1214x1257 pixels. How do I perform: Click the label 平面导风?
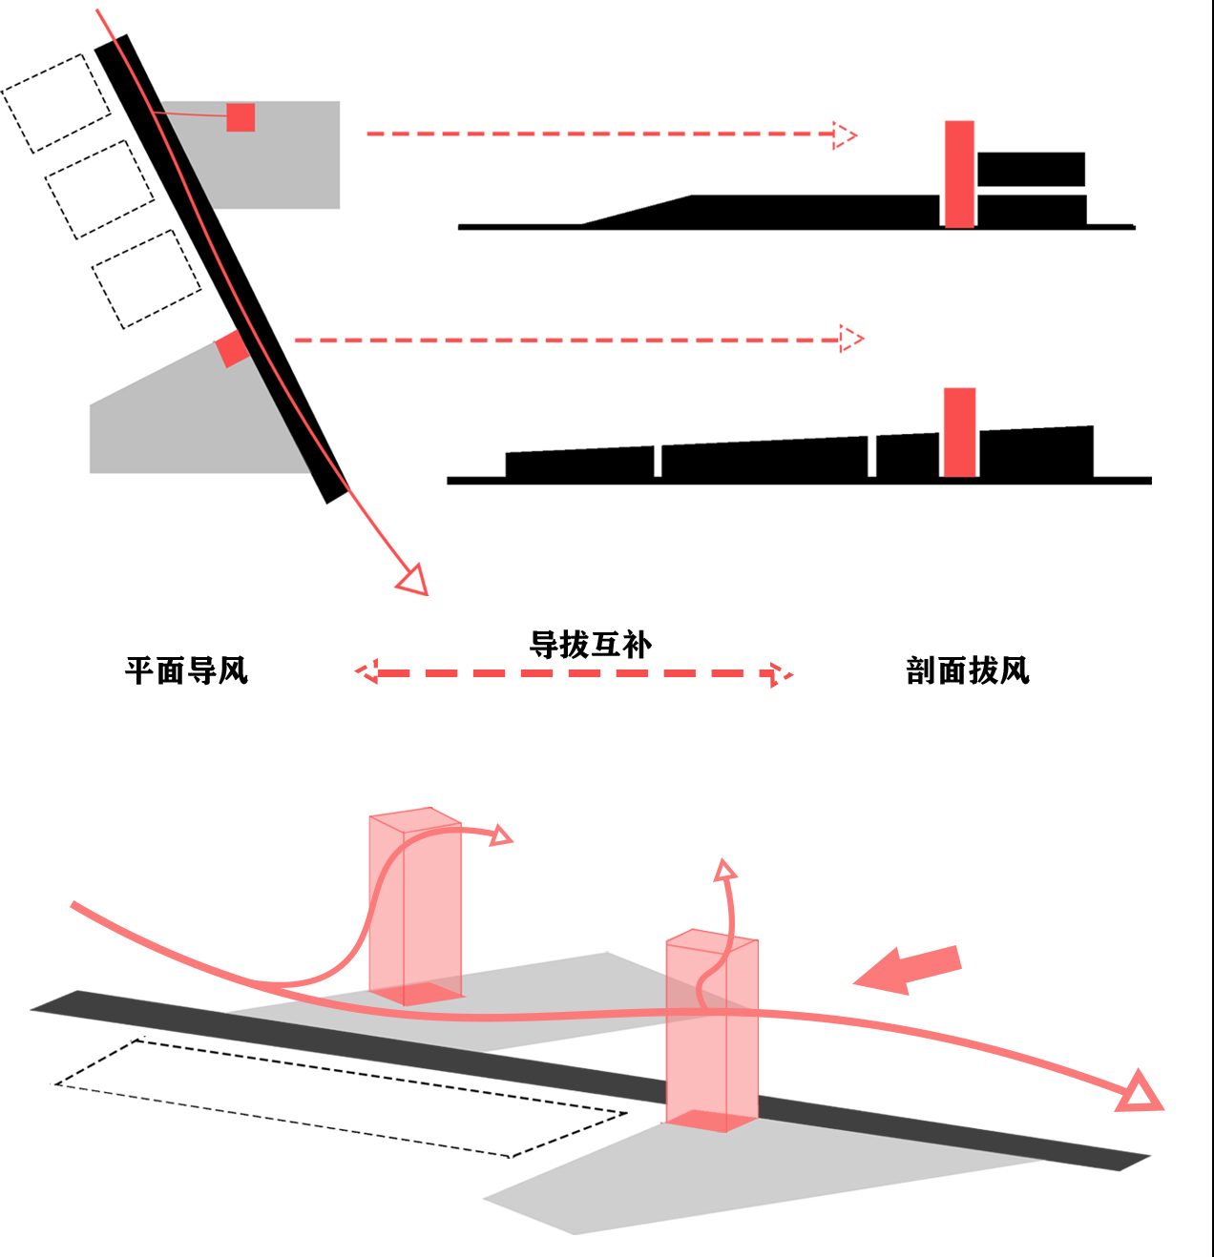[186, 670]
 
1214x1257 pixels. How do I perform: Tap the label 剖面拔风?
[968, 670]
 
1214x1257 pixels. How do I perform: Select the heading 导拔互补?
[591, 645]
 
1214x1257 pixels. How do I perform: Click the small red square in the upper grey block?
[241, 117]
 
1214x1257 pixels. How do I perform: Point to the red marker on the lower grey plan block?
[231, 349]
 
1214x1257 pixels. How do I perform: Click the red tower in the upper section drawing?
[959, 174]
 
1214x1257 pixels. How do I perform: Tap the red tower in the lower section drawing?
[959, 432]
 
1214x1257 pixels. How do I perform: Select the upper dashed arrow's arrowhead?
[845, 135]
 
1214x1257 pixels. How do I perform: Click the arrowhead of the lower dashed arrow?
[850, 339]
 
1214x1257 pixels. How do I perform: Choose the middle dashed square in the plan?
[99, 189]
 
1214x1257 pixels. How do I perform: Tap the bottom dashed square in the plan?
[147, 278]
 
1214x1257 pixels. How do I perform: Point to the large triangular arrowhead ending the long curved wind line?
[1140, 1092]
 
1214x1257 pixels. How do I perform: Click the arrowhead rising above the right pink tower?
[725, 870]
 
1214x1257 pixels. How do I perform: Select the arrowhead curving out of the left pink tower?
[500, 836]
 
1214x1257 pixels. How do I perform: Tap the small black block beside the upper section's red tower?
[1031, 170]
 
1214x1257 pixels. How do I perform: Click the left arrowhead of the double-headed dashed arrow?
[367, 673]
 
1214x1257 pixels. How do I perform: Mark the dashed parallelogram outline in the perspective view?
[339, 1097]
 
